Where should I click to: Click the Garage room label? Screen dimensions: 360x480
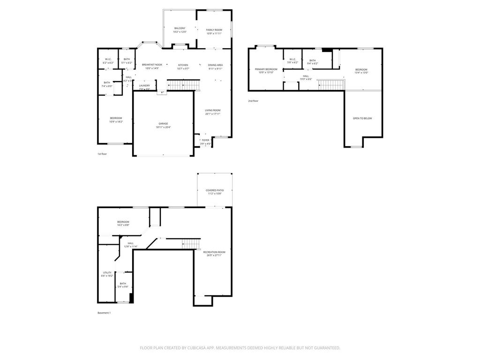[163, 124]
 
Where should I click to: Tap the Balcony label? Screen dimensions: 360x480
[180, 28]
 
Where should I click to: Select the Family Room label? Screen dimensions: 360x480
[214, 30]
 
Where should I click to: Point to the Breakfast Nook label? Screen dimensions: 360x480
[152, 65]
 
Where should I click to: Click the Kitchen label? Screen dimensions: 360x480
[183, 65]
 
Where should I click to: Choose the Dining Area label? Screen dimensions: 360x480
[216, 65]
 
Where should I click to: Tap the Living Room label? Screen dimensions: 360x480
[213, 110]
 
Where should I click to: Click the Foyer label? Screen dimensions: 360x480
[206, 140]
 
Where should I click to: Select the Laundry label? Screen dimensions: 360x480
[144, 85]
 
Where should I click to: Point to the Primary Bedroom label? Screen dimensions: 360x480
[266, 69]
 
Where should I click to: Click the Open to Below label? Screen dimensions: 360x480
[362, 118]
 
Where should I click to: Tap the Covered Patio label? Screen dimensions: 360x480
[215, 190]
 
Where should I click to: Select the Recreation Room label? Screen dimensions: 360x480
[214, 252]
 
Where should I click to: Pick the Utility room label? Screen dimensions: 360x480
[107, 272]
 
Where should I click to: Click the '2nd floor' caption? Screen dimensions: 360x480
[253, 101]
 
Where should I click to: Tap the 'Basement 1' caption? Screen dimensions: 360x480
[104, 313]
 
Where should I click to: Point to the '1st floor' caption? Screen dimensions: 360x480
[102, 154]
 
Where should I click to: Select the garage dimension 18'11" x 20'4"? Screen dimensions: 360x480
[163, 127]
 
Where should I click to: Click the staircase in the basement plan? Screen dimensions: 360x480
[191, 244]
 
